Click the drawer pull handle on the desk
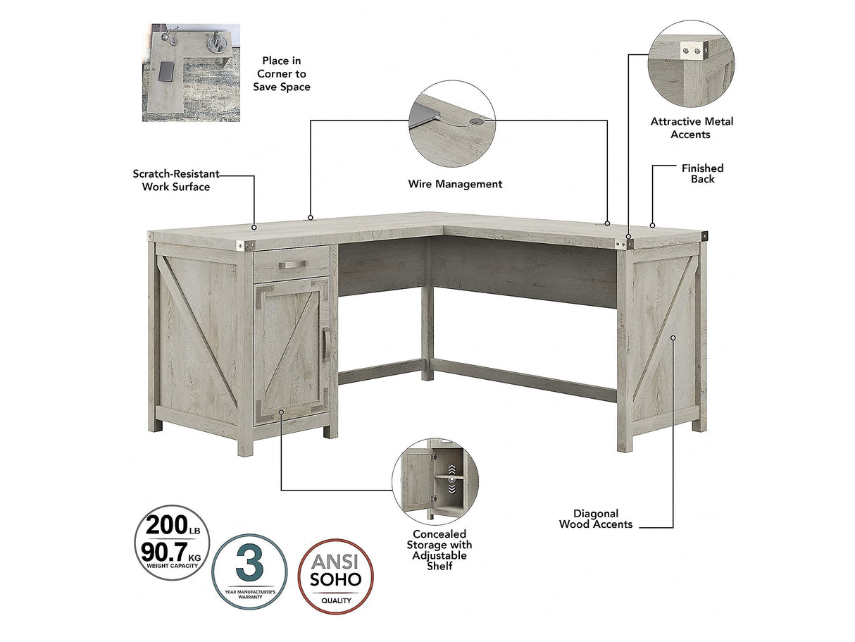[x=292, y=265]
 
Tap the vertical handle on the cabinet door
[x=326, y=345]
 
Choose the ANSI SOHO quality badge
[x=336, y=576]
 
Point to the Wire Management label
[x=455, y=184]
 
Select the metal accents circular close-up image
[x=691, y=63]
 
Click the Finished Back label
[x=702, y=173]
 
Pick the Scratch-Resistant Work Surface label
[x=176, y=180]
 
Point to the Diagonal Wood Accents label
[x=596, y=519]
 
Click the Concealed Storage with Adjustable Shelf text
[x=439, y=550]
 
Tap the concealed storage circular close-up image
[x=435, y=481]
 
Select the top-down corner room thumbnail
[x=191, y=73]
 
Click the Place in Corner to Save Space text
[x=282, y=74]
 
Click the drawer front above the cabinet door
[x=291, y=263]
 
